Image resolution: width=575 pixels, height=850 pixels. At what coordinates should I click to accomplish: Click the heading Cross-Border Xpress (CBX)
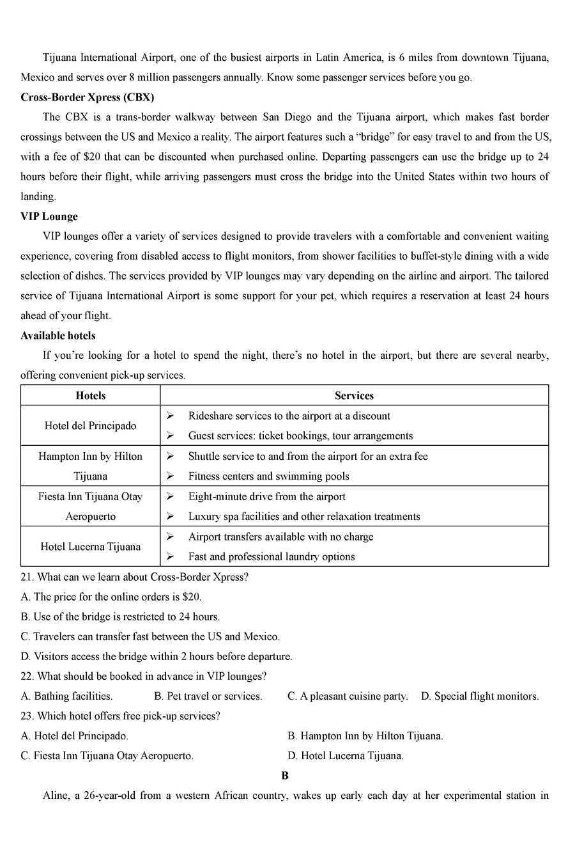click(x=87, y=97)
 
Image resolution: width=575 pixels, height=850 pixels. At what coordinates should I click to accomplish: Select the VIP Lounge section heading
click(x=49, y=216)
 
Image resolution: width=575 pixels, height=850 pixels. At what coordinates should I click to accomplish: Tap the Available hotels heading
click(x=57, y=335)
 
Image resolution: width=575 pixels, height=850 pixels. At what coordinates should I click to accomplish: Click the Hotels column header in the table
click(x=90, y=395)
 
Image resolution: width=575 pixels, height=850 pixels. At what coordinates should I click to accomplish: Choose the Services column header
click(x=354, y=395)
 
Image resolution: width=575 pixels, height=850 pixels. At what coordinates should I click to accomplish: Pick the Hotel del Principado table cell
click(x=90, y=425)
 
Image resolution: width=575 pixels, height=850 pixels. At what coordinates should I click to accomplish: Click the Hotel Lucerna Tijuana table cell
click(x=90, y=546)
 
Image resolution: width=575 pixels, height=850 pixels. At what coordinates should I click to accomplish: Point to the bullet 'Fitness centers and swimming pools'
click(x=268, y=476)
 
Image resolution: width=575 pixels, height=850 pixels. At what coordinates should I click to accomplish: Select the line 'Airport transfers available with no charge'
click(x=280, y=537)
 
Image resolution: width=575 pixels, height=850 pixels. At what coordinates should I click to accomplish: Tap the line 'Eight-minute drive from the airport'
click(x=266, y=496)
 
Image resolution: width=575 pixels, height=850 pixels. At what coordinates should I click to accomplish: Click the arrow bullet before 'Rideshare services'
click(x=170, y=416)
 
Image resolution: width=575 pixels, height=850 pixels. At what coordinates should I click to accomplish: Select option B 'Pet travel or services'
click(x=208, y=696)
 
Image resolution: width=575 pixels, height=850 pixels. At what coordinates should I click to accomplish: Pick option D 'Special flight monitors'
click(x=480, y=696)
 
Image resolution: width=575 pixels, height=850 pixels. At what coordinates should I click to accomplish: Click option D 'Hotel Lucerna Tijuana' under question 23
click(x=346, y=755)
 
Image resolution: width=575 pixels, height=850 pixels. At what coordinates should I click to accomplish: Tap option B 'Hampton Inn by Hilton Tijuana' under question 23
click(x=365, y=736)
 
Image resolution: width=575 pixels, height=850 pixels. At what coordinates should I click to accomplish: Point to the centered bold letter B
click(x=285, y=775)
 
